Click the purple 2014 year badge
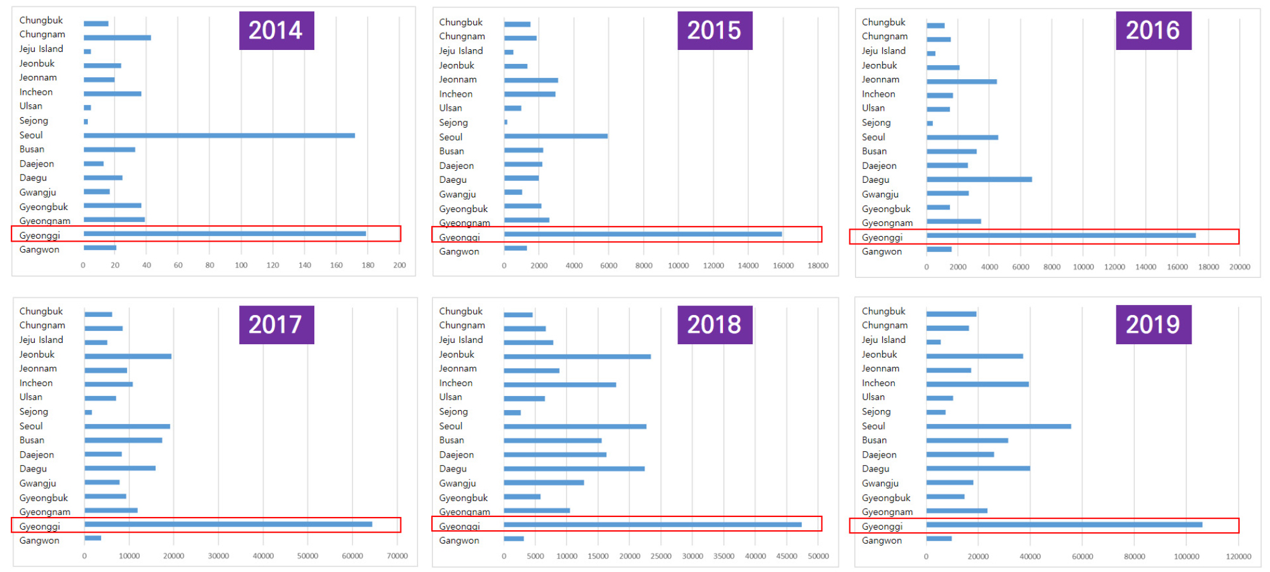click(x=276, y=30)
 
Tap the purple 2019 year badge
click(x=1153, y=325)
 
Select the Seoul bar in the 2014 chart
click(x=219, y=135)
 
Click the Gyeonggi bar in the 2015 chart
click(x=643, y=234)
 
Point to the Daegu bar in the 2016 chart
click(x=979, y=180)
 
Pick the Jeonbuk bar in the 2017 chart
click(x=128, y=356)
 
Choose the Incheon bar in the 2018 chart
click(x=560, y=385)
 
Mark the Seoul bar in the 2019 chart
click(x=999, y=426)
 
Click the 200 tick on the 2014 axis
click(x=399, y=266)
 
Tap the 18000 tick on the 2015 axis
click(x=818, y=266)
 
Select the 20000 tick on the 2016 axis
click(x=1240, y=267)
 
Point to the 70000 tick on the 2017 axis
click(x=397, y=556)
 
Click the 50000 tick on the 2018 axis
click(x=818, y=556)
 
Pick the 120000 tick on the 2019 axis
click(x=1238, y=557)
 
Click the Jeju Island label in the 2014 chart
click(x=41, y=49)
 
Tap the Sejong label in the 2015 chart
click(x=453, y=123)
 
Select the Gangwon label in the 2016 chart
click(x=882, y=252)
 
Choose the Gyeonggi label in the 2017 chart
click(x=39, y=526)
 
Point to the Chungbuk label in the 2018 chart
click(x=460, y=311)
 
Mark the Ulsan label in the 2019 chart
click(x=873, y=397)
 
